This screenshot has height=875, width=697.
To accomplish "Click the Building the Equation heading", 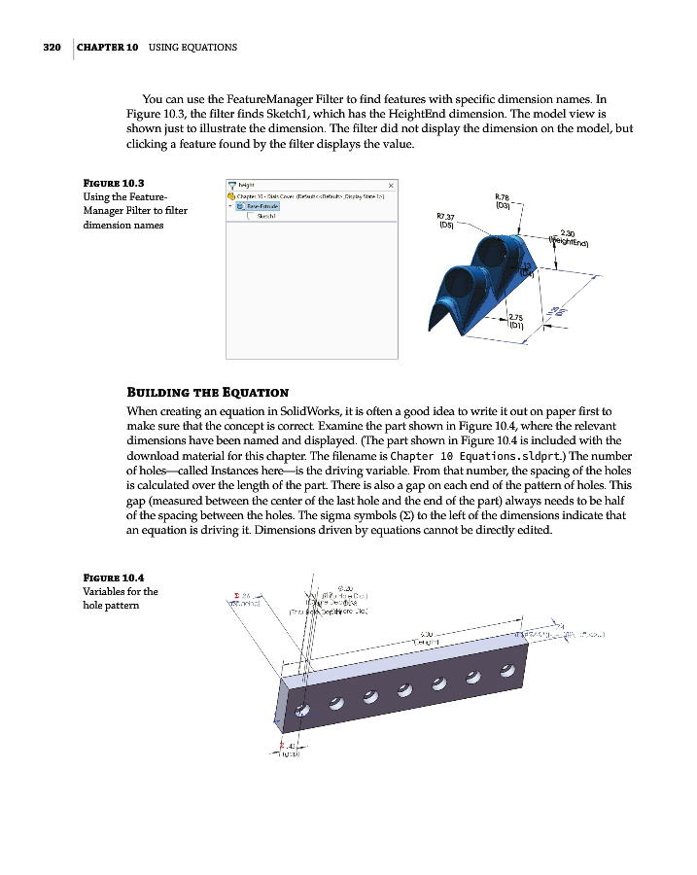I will (207, 392).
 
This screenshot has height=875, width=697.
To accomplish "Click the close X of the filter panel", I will (391, 186).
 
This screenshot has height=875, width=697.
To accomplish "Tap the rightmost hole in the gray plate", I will (506, 669).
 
